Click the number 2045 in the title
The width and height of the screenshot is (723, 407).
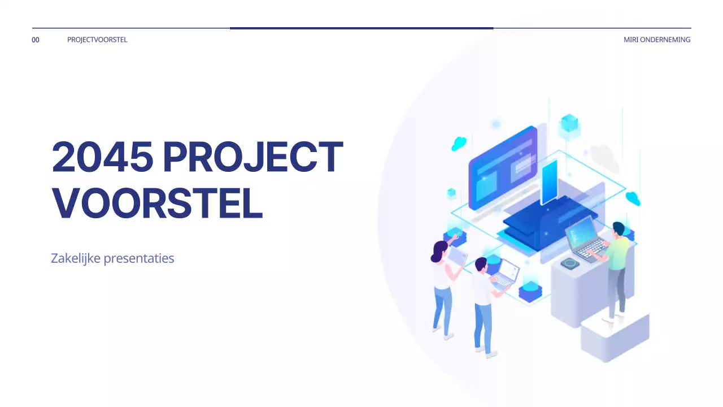click(x=102, y=157)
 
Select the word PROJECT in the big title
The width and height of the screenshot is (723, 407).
click(x=252, y=157)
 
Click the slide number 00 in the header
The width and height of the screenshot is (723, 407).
click(x=36, y=40)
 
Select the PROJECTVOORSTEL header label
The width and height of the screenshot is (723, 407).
click(x=97, y=40)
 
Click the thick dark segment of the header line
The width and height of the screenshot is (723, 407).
click(x=361, y=28)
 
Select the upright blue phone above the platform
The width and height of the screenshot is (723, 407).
click(x=548, y=181)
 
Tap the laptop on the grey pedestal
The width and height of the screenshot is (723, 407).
click(x=585, y=238)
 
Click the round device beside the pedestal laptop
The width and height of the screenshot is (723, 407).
click(x=570, y=263)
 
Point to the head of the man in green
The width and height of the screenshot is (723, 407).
click(x=619, y=228)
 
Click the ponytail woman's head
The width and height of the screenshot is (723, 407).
click(x=441, y=249)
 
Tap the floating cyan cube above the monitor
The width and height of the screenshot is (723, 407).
click(x=569, y=123)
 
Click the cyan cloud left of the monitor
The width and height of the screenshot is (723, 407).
click(x=459, y=144)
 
